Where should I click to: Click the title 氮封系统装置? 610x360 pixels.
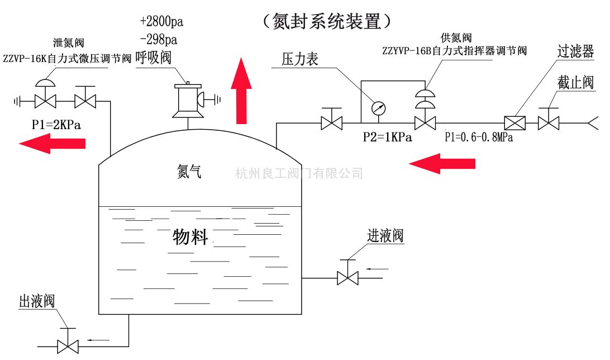329,21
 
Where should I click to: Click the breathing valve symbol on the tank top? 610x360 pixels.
188,101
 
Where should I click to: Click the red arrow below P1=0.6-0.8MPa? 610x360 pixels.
442,163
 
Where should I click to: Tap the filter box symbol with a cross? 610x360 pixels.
513,122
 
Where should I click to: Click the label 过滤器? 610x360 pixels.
575,52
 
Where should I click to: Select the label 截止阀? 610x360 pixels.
575,83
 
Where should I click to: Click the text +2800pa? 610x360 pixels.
161,22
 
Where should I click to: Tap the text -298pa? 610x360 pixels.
159,40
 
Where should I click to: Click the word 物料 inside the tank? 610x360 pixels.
191,237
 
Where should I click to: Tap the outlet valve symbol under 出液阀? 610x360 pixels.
68,345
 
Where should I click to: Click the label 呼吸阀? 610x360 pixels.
153,58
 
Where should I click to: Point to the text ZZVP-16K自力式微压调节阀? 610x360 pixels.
67,58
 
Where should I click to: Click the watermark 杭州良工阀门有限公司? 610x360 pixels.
299,173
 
